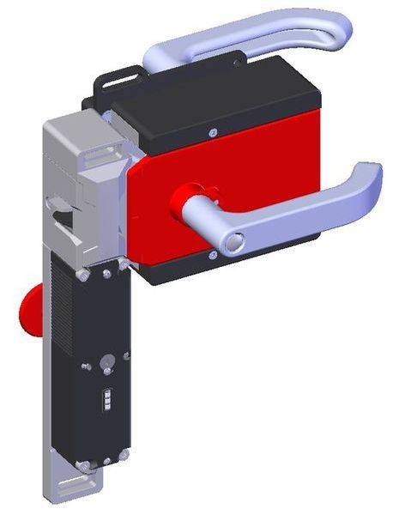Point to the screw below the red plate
(209, 255)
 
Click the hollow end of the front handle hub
(227, 245)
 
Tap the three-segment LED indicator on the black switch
(107, 403)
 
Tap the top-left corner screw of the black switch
(82, 276)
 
